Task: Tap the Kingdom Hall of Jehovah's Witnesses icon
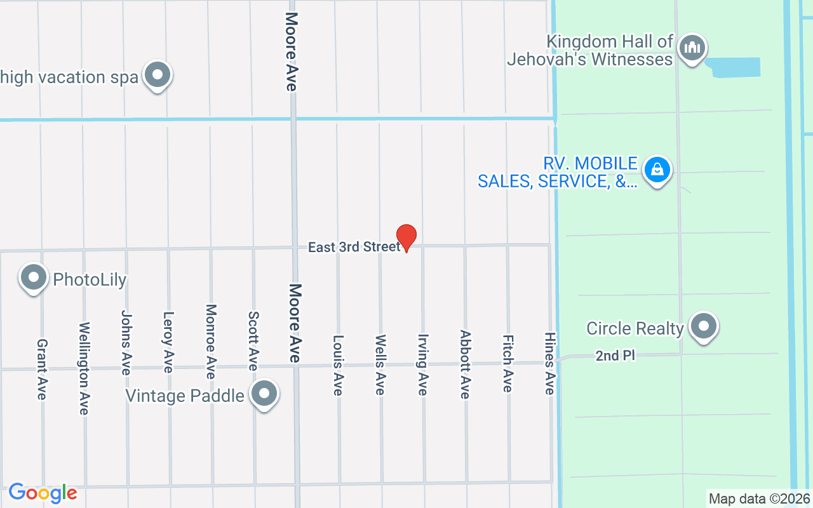coord(692,48)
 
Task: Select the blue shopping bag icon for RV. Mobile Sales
coord(657,170)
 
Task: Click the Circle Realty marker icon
coord(703,327)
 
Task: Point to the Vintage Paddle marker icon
coord(264,394)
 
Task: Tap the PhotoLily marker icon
coord(34,278)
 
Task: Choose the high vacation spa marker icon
coord(157,76)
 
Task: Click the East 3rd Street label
coord(354,246)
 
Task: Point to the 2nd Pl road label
coord(615,356)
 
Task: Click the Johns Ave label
coord(126,342)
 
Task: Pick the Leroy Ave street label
coord(168,342)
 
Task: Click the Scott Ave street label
coord(253,341)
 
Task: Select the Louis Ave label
coord(338,366)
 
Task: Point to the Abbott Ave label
coord(465,364)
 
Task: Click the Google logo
coord(43,493)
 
